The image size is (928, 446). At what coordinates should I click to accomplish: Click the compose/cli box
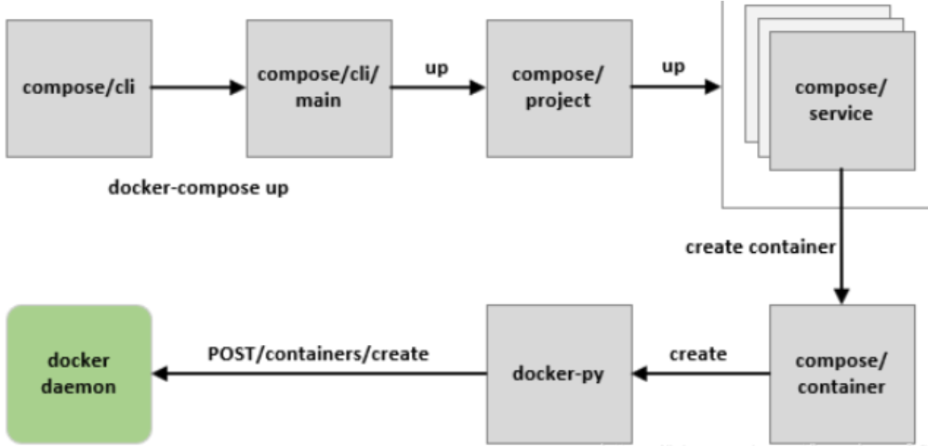(78, 88)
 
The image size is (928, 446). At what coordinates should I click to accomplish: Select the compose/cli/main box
(318, 88)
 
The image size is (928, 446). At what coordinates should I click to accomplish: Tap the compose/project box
(559, 88)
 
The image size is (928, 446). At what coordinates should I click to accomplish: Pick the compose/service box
(841, 100)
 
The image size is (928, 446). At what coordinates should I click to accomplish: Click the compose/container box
(841, 374)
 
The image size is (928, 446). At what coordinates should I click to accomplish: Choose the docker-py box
(559, 374)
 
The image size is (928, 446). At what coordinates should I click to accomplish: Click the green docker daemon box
(78, 374)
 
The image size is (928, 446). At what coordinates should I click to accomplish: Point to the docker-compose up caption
(198, 188)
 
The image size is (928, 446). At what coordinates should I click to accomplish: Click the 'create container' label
(760, 247)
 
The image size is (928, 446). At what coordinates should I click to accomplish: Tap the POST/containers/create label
(318, 354)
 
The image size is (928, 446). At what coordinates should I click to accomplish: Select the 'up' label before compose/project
(437, 69)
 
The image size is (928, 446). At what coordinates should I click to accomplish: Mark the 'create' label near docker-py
(698, 354)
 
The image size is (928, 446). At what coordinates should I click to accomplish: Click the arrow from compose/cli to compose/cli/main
(198, 88)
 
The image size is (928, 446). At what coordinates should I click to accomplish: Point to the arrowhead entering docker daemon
(160, 374)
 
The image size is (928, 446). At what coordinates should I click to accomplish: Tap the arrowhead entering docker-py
(640, 374)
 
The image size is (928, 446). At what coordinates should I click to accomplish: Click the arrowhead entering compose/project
(478, 88)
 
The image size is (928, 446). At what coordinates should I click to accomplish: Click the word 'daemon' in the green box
(78, 386)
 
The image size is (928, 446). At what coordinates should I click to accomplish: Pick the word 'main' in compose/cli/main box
(318, 100)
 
